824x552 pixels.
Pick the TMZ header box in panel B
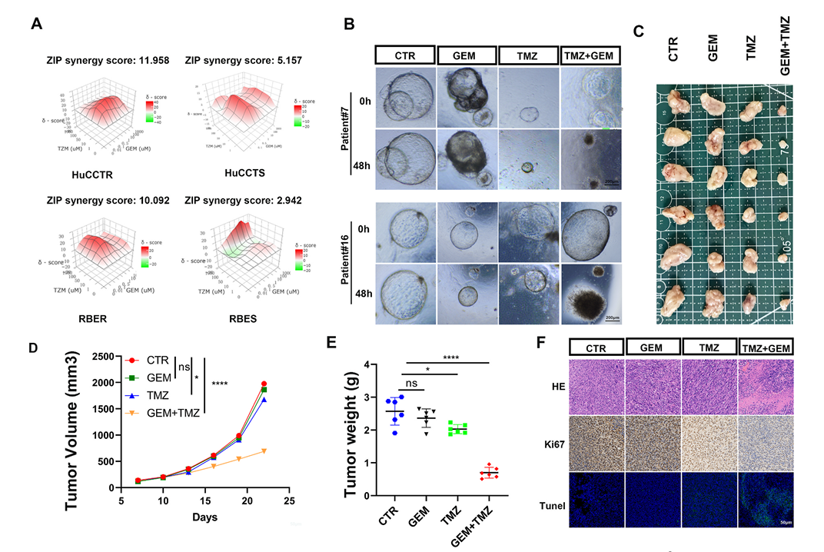(527, 55)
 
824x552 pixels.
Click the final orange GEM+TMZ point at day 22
(264, 451)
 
